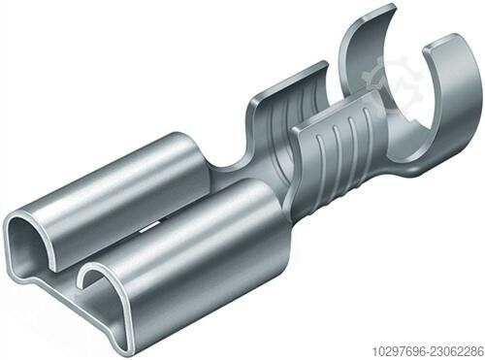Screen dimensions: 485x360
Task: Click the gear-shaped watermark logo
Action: (392, 84)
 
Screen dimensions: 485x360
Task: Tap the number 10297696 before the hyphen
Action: (399, 351)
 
